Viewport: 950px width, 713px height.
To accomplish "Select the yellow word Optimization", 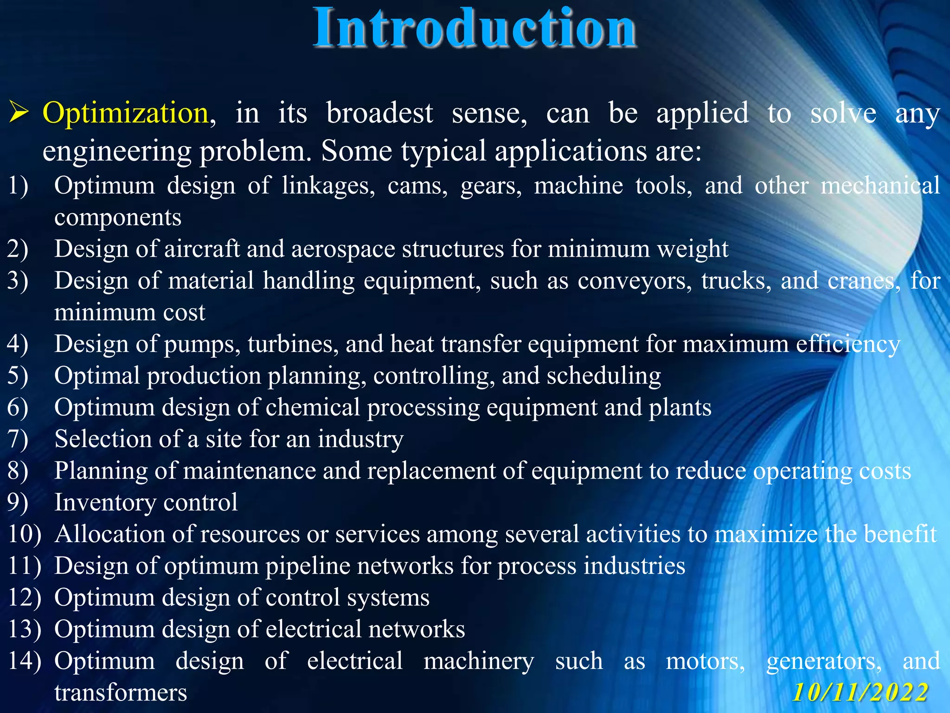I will pyautogui.click(x=125, y=113).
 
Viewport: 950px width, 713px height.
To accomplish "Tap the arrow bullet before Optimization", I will pyautogui.click(x=19, y=113).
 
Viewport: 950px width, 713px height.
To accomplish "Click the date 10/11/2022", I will pyautogui.click(x=861, y=693).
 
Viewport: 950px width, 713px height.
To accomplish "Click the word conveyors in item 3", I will pyautogui.click(x=634, y=281).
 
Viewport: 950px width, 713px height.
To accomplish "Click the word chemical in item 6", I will pyautogui.click(x=313, y=408).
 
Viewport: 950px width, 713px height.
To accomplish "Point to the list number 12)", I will pyautogui.click(x=25, y=597).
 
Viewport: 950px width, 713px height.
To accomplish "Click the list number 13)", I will pyautogui.click(x=25, y=629).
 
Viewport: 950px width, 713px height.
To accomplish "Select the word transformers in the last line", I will pyautogui.click(x=121, y=693).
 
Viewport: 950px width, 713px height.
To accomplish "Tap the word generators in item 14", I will pyautogui.click(x=824, y=661).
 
